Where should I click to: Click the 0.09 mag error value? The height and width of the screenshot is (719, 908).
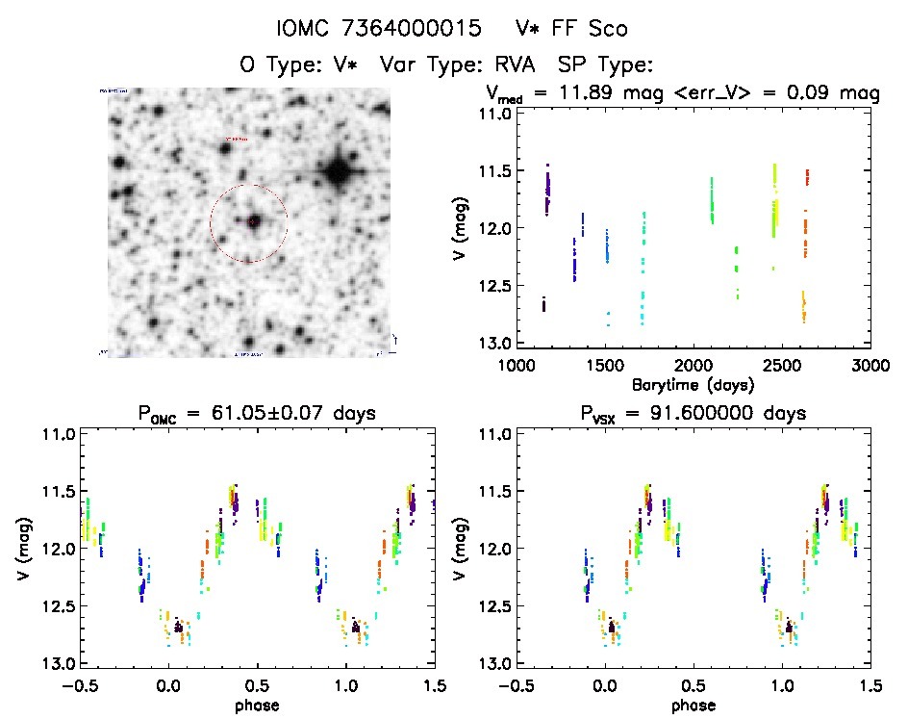pyautogui.click(x=823, y=93)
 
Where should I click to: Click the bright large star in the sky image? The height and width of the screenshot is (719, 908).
pyautogui.click(x=337, y=173)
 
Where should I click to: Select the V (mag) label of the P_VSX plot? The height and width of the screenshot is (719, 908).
pyautogui.click(x=460, y=549)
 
